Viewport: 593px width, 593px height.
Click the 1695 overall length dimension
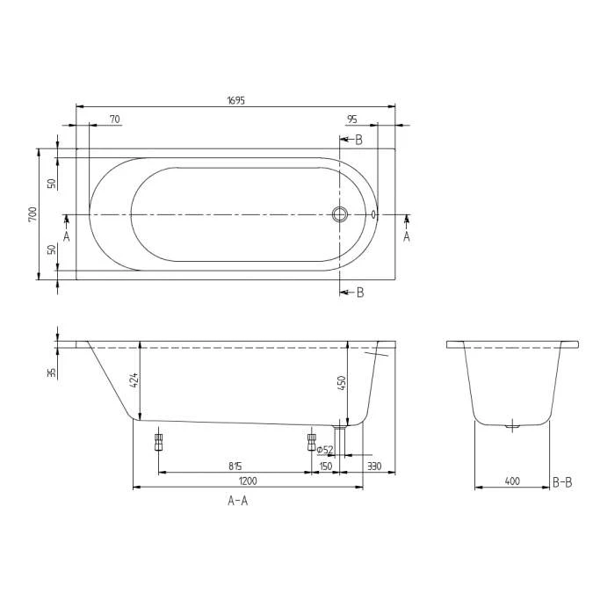point(235,100)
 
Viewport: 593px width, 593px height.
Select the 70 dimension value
point(115,119)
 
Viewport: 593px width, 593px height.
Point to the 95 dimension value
point(351,119)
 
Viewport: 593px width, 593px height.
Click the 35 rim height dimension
point(52,372)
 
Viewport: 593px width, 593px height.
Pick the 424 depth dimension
point(134,380)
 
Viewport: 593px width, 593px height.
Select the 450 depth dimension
point(343,383)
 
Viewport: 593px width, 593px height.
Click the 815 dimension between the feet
point(235,466)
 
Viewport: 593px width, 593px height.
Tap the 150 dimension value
point(326,466)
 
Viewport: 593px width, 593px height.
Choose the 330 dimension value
point(373,466)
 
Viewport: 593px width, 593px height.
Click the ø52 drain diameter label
point(324,450)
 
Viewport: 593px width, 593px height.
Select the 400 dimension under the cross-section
point(512,481)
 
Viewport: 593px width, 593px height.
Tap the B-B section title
point(562,481)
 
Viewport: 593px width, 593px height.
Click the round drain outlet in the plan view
point(340,213)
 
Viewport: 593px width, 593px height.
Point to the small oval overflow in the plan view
point(374,213)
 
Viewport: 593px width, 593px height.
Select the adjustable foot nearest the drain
point(311,441)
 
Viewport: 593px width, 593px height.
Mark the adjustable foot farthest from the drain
point(159,441)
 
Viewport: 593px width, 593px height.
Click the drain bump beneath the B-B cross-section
point(512,427)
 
